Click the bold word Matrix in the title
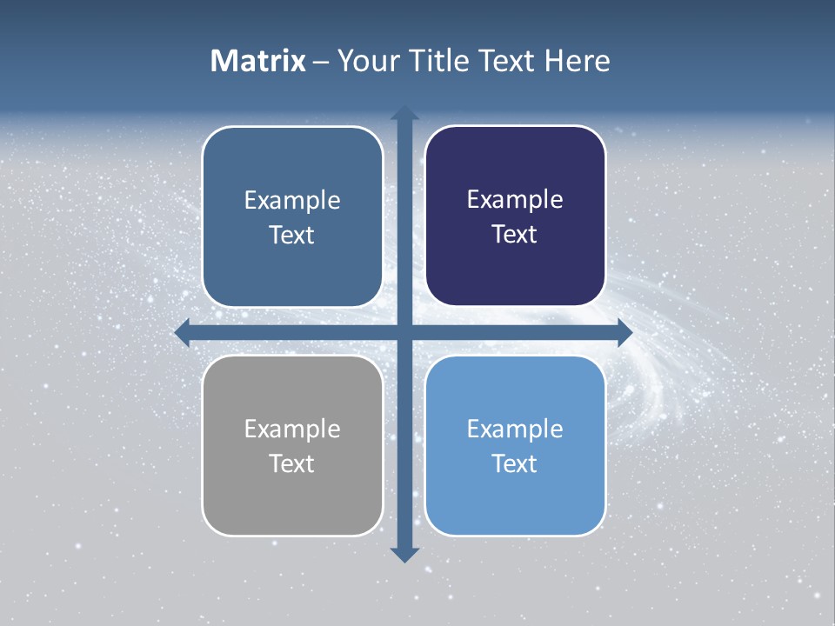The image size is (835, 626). click(x=258, y=61)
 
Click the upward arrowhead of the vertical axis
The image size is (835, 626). click(x=404, y=114)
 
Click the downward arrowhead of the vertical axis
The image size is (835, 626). click(x=404, y=554)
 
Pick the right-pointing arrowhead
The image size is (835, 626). click(x=625, y=332)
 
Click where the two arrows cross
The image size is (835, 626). click(x=404, y=332)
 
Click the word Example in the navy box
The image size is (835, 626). click(x=515, y=200)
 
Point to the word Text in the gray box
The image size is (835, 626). click(x=292, y=463)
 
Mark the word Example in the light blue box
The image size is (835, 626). click(x=515, y=429)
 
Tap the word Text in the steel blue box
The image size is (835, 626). click(x=292, y=235)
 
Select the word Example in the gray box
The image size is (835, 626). click(x=292, y=429)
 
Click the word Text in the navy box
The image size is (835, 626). click(x=515, y=235)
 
